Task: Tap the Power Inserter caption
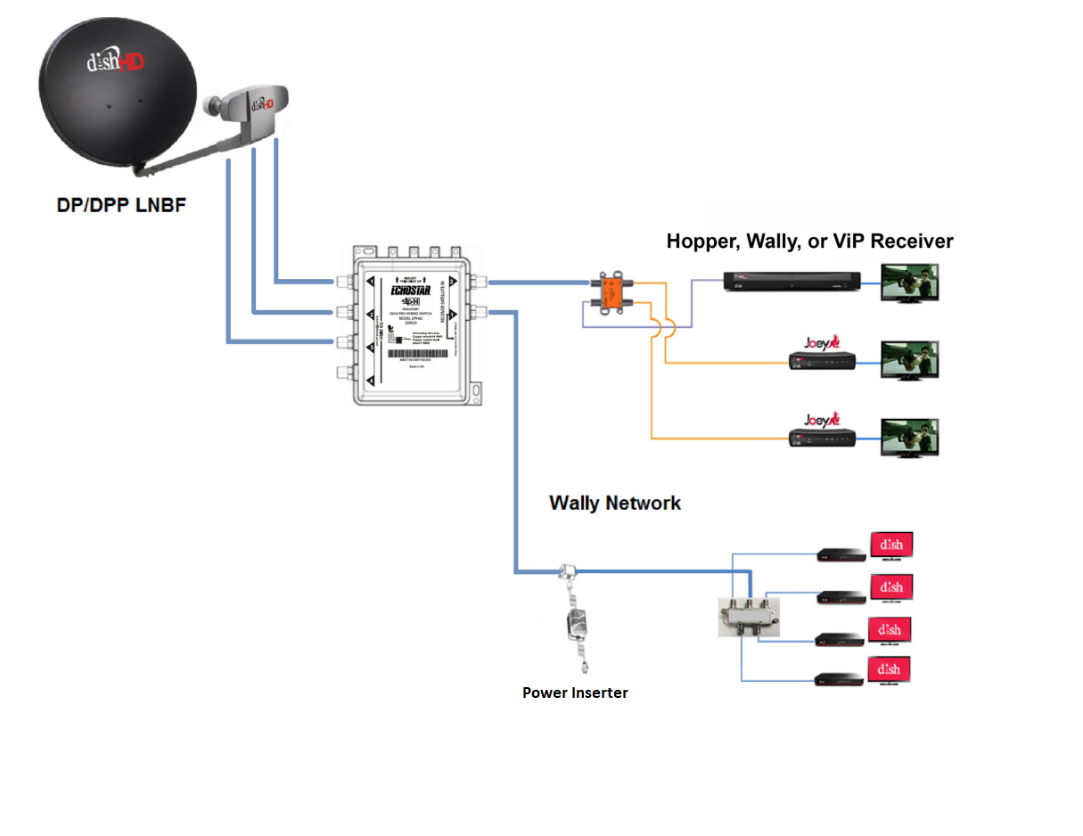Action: click(x=575, y=693)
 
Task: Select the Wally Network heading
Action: click(x=614, y=503)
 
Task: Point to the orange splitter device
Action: click(x=612, y=293)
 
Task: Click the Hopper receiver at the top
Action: click(x=792, y=283)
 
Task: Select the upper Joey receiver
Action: click(x=823, y=360)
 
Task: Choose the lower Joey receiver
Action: click(x=823, y=437)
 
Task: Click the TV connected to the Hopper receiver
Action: click(x=909, y=283)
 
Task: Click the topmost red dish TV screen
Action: click(x=891, y=545)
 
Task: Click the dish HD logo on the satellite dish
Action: click(x=116, y=62)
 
